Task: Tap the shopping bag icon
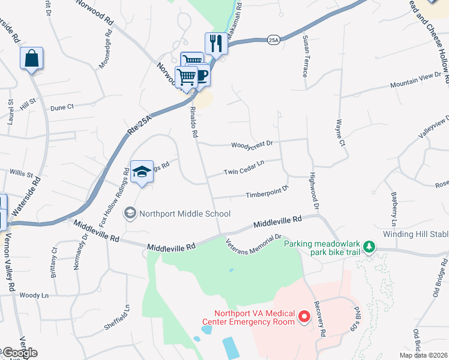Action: (31, 59)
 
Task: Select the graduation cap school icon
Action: (142, 172)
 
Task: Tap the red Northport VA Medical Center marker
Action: (304, 316)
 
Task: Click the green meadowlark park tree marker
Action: (370, 246)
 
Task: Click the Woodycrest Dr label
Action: (252, 143)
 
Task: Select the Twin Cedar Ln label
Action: (244, 168)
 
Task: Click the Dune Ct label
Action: (62, 107)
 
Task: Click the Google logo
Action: (19, 353)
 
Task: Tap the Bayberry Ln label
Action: (394, 207)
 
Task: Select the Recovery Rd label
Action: (322, 323)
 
